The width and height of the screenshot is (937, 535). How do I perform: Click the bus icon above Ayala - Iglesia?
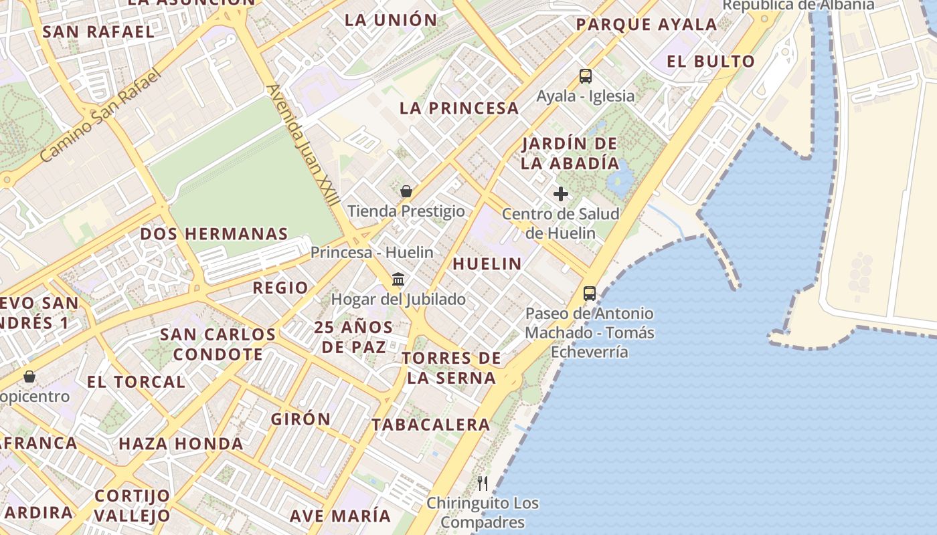point(586,76)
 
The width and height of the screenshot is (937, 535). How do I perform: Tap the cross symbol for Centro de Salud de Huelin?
point(561,194)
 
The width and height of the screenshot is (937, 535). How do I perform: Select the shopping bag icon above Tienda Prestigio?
point(406,191)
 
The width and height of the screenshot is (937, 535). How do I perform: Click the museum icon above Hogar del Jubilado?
point(398,279)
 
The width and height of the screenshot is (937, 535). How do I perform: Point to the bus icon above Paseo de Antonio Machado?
point(589,293)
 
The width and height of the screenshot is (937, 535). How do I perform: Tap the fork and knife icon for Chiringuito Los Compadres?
point(483,483)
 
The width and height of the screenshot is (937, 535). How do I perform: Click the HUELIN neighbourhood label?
point(487,264)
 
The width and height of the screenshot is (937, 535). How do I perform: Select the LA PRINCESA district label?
point(459,108)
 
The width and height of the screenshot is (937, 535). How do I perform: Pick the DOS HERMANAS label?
point(214,234)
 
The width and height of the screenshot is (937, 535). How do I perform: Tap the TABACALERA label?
point(431,425)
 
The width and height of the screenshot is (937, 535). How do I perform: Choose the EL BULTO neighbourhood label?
point(711,62)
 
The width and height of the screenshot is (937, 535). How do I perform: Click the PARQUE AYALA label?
point(646,25)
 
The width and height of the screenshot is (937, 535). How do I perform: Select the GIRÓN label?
point(301,419)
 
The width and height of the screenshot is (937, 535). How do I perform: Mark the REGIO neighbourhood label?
point(280,288)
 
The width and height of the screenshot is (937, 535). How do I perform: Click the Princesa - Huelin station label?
point(371,253)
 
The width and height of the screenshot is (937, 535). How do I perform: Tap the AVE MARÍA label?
point(340,516)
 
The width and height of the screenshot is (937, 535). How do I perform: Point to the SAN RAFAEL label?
point(98,31)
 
